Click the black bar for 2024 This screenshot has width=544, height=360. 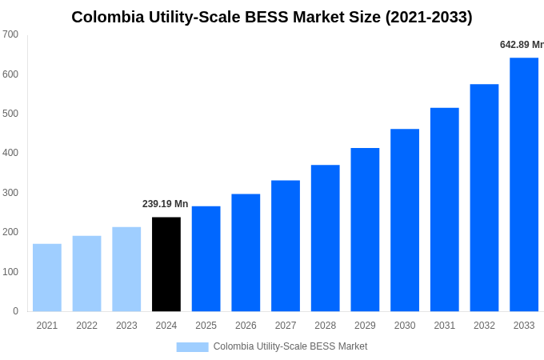coord(166,264)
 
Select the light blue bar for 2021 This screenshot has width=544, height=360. coord(47,278)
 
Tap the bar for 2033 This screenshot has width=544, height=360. coord(524,184)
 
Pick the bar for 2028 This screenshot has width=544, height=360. coord(326,238)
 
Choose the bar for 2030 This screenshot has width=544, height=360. coord(405,220)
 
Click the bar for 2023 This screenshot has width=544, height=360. coord(126,269)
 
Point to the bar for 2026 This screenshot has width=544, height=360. coord(246,252)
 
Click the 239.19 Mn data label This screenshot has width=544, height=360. coord(166,204)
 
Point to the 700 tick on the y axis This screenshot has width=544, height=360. coord(10,34)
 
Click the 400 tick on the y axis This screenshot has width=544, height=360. coord(10,153)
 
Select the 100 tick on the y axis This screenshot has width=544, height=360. coord(10,272)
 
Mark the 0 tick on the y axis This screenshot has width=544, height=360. coord(15,311)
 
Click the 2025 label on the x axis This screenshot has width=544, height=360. coord(206,326)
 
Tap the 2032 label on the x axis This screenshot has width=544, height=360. coord(484,326)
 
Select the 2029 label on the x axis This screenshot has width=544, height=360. coord(365,326)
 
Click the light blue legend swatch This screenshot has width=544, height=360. coord(192,346)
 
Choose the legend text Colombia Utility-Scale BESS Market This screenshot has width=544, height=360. coord(290,346)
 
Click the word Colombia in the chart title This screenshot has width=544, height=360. coord(107,17)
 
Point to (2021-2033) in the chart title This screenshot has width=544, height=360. coord(429,17)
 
